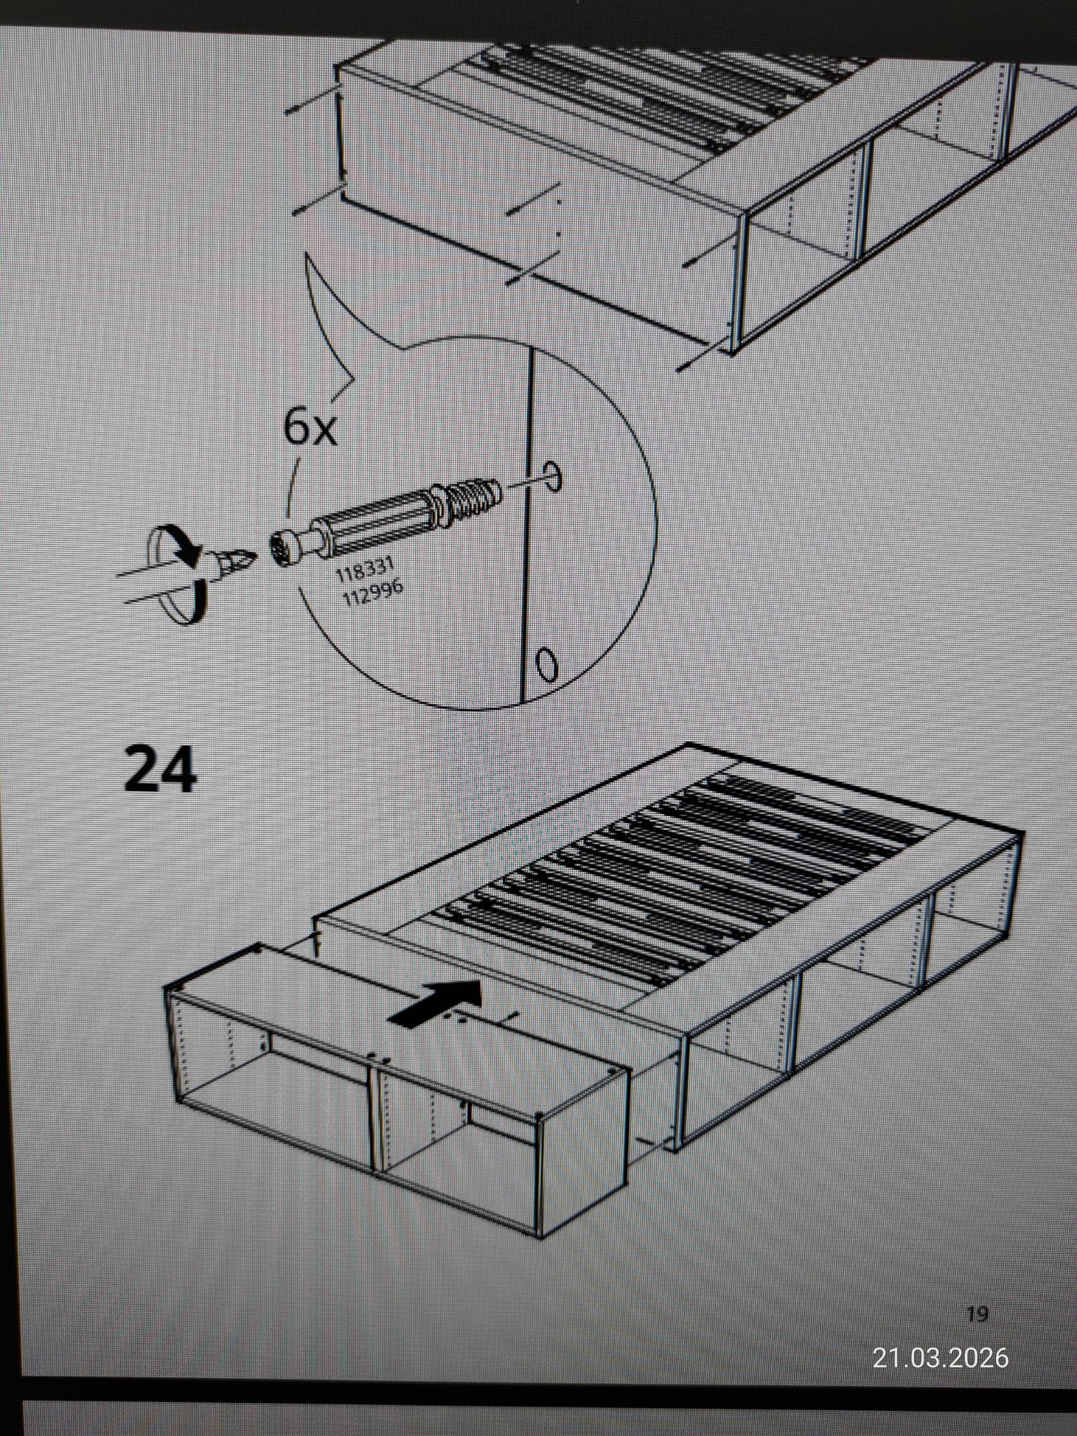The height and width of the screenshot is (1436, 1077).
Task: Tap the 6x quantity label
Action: pyautogui.click(x=310, y=428)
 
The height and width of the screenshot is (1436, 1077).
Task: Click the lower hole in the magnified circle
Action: pyautogui.click(x=546, y=664)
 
